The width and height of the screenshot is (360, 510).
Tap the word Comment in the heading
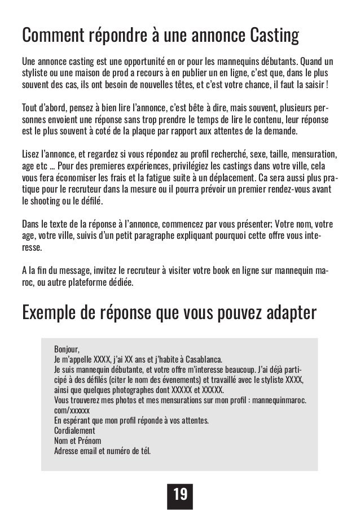coord(51,35)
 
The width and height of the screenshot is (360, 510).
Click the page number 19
coord(180,494)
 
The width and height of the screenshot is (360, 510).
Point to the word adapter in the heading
coord(290,312)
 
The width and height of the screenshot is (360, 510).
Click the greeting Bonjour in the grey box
coord(68,348)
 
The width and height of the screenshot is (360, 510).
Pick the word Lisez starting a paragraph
coord(30,154)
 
